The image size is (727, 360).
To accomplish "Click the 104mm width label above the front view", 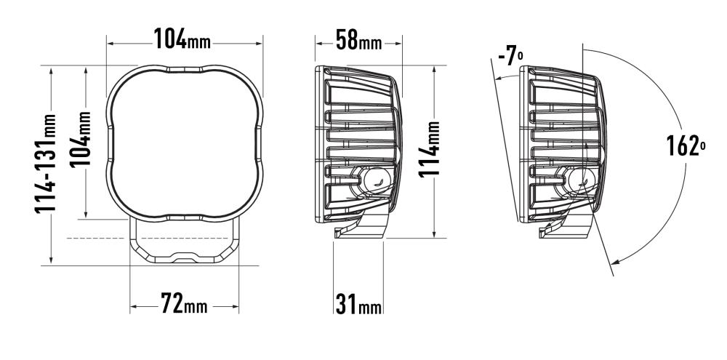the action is click(182, 39).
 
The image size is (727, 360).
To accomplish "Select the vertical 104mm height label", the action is click(81, 139).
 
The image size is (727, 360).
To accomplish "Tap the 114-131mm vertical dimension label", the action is click(45, 164).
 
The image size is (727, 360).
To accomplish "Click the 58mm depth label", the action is click(358, 40).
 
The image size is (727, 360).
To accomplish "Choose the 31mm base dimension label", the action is click(358, 304).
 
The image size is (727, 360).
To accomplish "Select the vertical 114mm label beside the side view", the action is click(429, 149).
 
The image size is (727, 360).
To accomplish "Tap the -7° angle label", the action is click(511, 57).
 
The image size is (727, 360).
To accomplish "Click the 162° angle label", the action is click(686, 146).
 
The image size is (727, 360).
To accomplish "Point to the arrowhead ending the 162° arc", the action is click(615, 262).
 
